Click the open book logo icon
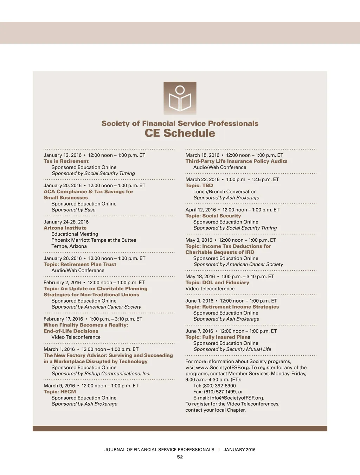click(180, 98)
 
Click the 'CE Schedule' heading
click(180, 133)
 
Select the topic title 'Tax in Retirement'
click(66, 161)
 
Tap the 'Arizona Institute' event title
click(65, 228)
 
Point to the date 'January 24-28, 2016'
click(66, 222)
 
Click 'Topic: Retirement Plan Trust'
click(80, 264)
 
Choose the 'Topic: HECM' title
click(60, 392)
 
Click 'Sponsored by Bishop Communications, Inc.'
click(101, 374)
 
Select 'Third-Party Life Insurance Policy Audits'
click(236, 161)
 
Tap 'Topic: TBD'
click(199, 185)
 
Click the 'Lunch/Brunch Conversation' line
click(225, 192)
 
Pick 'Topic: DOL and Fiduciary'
click(217, 283)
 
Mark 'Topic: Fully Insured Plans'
click(218, 337)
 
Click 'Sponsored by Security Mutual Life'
click(232, 349)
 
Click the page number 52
click(180, 457)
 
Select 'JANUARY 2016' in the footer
click(239, 450)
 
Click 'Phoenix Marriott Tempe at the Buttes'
click(94, 240)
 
